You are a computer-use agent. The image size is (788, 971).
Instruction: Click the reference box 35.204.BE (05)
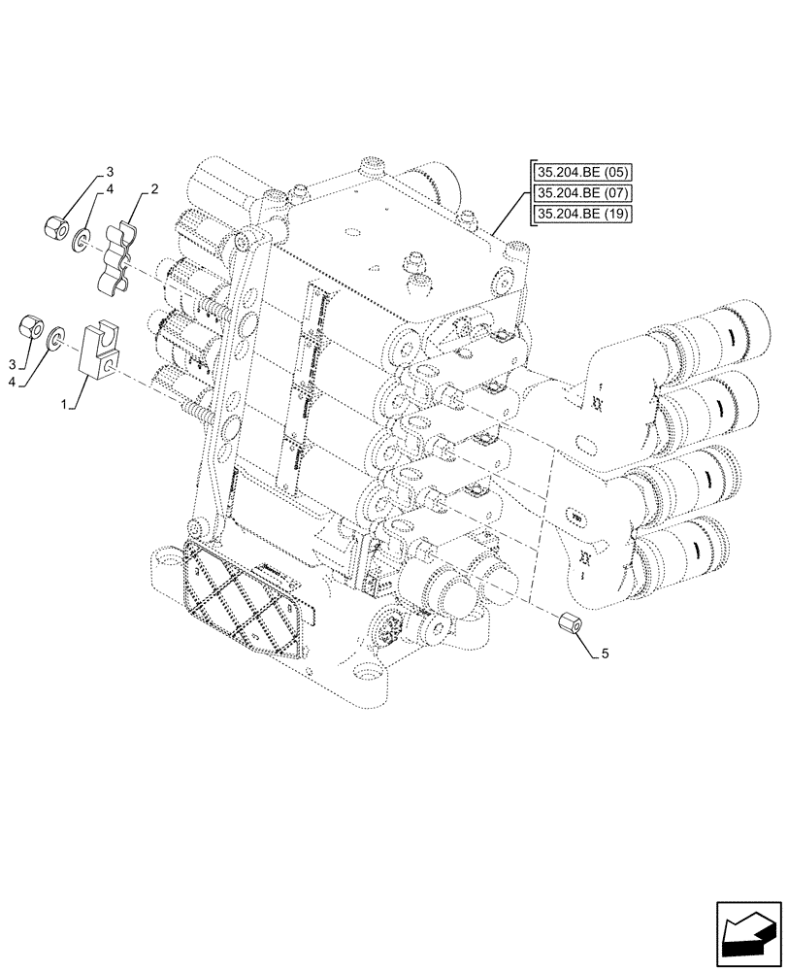point(581,173)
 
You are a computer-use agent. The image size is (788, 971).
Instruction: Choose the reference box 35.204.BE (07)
point(581,193)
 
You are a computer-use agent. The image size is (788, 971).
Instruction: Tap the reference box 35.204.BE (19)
point(581,214)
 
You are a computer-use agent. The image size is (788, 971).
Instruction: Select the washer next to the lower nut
point(57,337)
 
